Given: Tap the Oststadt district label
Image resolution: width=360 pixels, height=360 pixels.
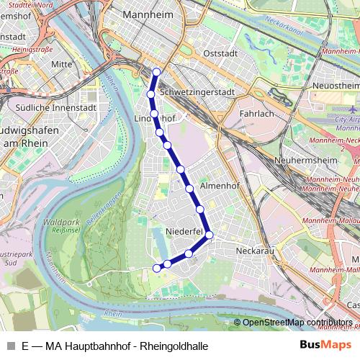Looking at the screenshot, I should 220,53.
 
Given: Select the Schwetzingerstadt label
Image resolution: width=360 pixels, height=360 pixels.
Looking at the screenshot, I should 198,93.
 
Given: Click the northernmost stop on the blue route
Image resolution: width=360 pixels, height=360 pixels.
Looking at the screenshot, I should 157,71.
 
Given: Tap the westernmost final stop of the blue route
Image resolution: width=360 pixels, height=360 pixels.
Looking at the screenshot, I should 157,269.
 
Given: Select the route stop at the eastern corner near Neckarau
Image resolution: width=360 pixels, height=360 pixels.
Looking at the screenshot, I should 209,235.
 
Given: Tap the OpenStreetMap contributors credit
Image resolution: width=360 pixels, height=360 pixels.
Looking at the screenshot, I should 297,323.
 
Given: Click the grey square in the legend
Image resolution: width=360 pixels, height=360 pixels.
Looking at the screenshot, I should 10,346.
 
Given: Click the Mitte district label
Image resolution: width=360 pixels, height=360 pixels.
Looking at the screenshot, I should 62,64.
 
